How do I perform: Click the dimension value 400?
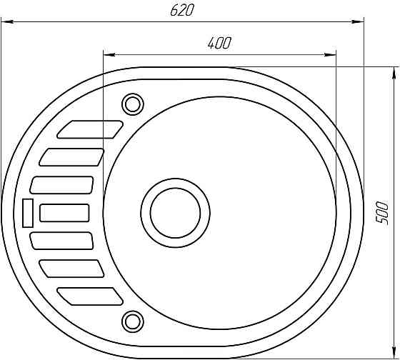coord(219,43)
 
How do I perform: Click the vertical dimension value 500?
coord(384,213)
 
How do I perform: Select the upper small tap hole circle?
coord(132,104)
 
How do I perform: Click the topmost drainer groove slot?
coord(90,129)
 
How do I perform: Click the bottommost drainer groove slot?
coord(90,296)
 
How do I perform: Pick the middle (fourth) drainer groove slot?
coord(64,213)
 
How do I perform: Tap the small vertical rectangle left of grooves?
coord(28,213)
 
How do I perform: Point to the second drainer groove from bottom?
coord(72,269)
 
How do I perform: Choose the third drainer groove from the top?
coord(62,184)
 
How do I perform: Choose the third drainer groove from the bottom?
coord(62,241)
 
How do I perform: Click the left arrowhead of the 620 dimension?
coord(6,21)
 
